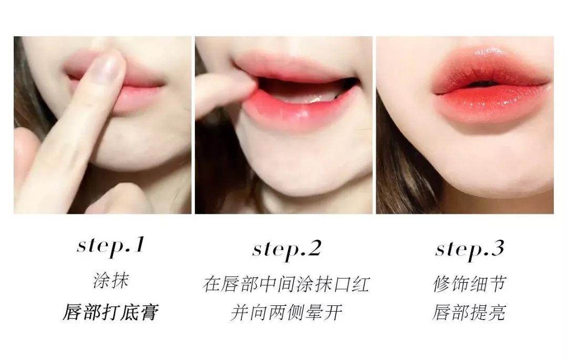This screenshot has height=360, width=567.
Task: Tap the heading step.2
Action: (287, 249)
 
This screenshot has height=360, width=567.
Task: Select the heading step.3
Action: (469, 249)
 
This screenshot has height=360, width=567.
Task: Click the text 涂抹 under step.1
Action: (111, 281)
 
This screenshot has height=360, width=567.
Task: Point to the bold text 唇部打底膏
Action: (111, 312)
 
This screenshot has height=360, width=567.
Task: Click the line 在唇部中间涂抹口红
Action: (286, 284)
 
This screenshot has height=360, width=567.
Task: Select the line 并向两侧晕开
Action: (286, 312)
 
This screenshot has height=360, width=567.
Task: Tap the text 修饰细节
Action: (469, 284)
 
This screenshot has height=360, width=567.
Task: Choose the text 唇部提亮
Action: (469, 312)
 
